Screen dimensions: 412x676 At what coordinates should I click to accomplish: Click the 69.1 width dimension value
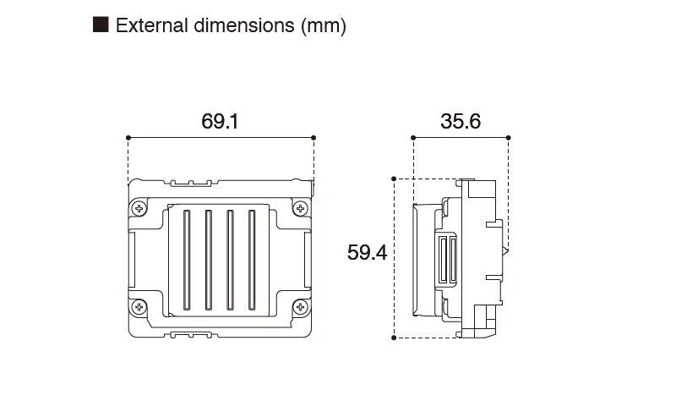tap(220, 122)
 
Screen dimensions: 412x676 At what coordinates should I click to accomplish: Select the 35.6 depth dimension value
tap(461, 122)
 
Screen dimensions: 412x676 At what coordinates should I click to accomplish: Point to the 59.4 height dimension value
tap(367, 252)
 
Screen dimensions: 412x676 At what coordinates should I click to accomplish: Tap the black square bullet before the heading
tap(101, 25)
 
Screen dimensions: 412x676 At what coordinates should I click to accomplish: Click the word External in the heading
tap(150, 25)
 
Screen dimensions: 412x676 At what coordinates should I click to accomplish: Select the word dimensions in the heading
tap(244, 25)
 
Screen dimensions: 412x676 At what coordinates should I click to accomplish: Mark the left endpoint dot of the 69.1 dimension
tap(128, 137)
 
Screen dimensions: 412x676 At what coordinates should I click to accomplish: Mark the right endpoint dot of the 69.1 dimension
tap(313, 137)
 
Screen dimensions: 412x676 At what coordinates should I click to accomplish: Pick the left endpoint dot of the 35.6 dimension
tap(413, 137)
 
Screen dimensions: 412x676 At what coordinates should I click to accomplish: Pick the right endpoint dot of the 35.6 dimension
tap(509, 137)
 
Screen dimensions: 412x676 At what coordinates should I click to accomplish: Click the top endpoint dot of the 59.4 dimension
tap(395, 179)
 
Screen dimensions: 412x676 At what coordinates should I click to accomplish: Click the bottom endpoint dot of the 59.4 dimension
tap(395, 338)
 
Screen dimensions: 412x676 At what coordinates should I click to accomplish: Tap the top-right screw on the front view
tap(299, 208)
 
